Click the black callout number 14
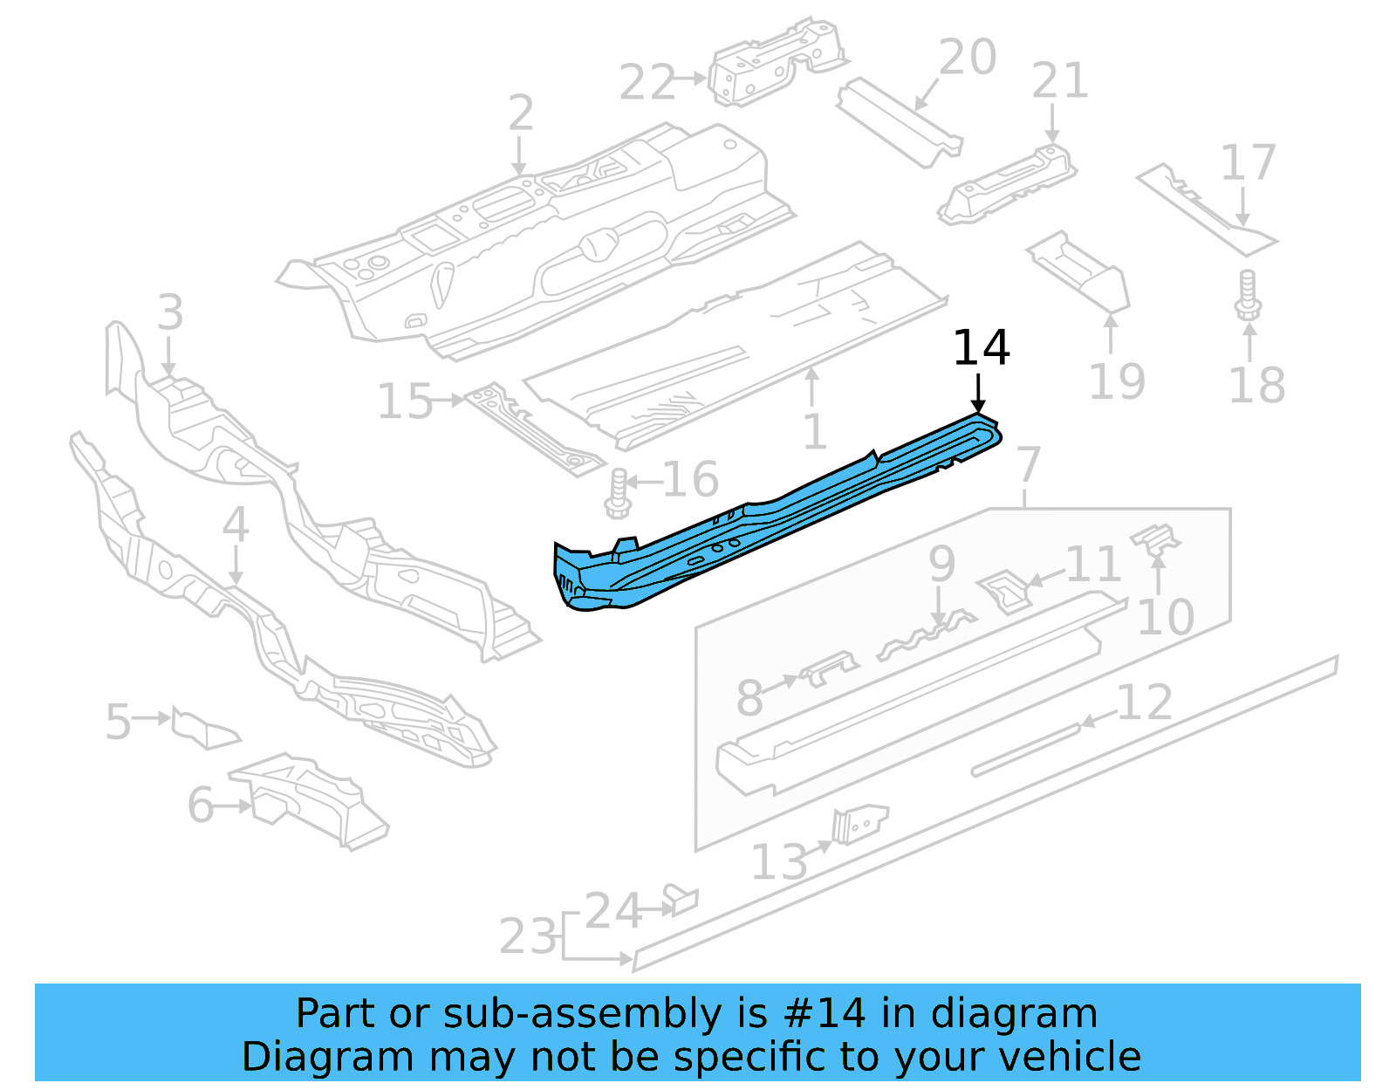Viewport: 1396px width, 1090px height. pos(982,348)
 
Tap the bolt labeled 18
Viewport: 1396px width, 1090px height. pos(1248,297)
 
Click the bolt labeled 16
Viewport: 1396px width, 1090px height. pos(618,494)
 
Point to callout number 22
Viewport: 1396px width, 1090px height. pos(647,83)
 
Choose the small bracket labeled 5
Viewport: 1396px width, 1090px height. pos(204,728)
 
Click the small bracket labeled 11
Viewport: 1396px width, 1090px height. pos(1003,591)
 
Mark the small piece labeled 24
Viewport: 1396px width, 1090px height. pos(681,899)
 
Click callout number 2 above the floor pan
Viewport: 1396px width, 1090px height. pos(521,113)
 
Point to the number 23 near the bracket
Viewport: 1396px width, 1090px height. pos(527,936)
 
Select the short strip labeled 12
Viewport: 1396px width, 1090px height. pos(1025,749)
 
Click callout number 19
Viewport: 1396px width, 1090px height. pos(1117,381)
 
